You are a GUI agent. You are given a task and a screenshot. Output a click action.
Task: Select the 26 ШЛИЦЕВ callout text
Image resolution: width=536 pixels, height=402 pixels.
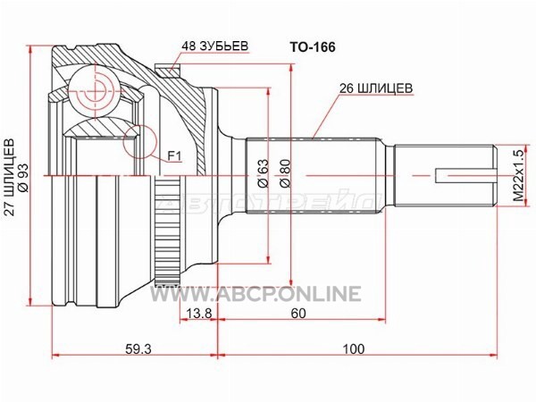pyautogui.click(x=374, y=88)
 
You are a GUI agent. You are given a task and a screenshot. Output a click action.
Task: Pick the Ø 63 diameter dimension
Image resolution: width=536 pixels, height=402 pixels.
pyautogui.click(x=264, y=172)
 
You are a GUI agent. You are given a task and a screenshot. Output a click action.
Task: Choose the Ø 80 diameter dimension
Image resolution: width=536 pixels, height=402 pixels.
pyautogui.click(x=285, y=172)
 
